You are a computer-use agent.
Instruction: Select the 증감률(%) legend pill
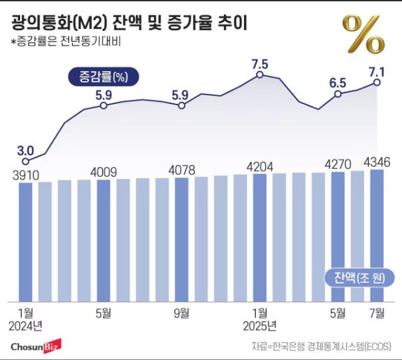pyautogui.click(x=103, y=76)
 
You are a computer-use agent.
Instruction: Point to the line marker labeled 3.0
pyautogui.click(x=25, y=161)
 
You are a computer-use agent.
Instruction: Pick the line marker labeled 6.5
pyautogui.click(x=338, y=95)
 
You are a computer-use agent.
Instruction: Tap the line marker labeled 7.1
pyautogui.click(x=377, y=82)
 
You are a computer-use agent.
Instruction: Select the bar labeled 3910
pyautogui.click(x=25, y=241)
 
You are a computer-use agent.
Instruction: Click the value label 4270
pyautogui.click(x=338, y=163)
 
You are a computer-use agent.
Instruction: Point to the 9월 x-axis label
pyautogui.click(x=181, y=312)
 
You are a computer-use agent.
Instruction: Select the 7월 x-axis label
pyautogui.click(x=377, y=312)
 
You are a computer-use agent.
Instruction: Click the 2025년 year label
pyautogui.click(x=259, y=326)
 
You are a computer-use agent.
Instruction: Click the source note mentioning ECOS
pyautogui.click(x=321, y=346)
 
